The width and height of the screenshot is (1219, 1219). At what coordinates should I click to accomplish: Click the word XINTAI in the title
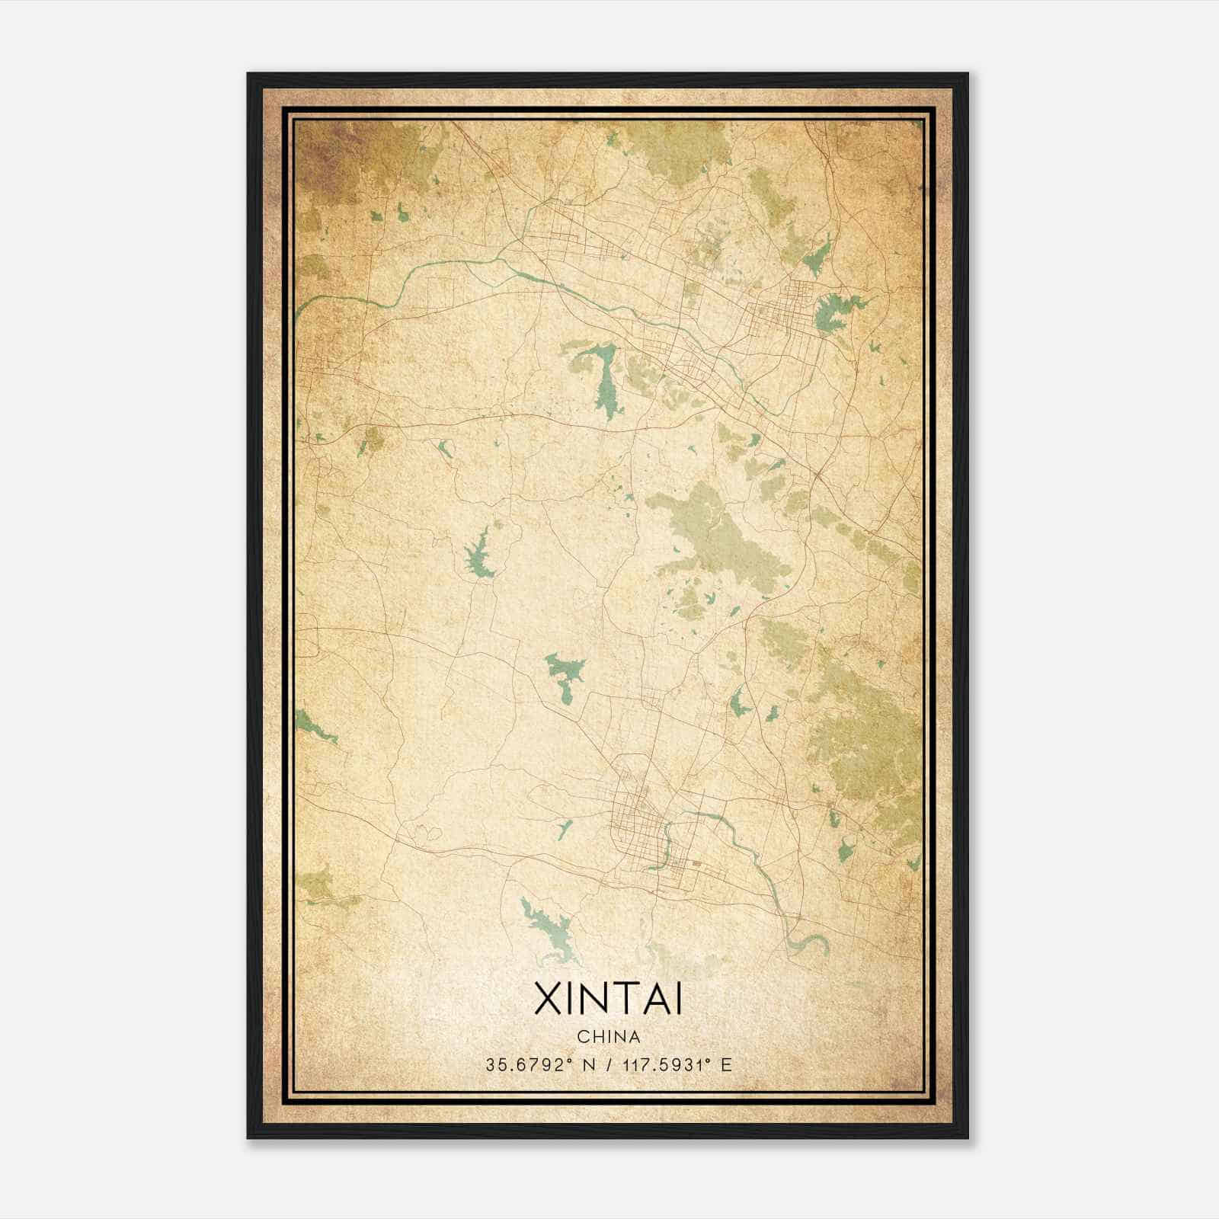point(608,1000)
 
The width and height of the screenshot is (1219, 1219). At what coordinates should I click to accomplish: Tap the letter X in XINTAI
point(549,1000)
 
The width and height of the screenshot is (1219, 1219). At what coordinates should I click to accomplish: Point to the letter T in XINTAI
point(617,1000)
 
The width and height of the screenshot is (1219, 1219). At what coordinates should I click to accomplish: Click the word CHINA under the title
point(608,1037)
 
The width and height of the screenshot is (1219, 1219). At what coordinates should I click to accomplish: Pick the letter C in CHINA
point(582,1037)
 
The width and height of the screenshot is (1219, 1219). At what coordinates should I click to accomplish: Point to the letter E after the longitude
point(726,1065)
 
